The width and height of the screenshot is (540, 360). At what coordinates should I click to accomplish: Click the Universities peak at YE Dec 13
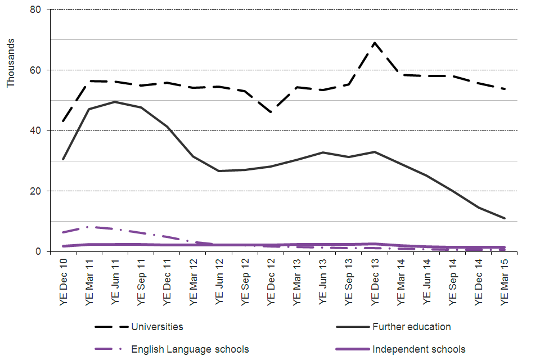pos(375,43)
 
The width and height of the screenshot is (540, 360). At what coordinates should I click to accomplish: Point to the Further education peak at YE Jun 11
pos(115,102)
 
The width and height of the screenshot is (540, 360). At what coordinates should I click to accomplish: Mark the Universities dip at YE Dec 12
pos(271,112)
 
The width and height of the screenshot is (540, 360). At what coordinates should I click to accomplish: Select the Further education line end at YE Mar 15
pos(505,218)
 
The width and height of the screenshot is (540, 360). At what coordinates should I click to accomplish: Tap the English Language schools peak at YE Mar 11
pos(89,227)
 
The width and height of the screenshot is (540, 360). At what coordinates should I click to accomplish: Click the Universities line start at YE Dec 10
pos(63,121)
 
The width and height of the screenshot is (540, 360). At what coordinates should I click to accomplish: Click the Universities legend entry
pos(157,327)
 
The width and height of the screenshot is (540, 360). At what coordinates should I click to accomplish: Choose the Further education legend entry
pos(411,327)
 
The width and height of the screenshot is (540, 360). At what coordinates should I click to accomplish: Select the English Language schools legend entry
pos(190,349)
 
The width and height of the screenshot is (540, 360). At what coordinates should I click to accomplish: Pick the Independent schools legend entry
pos(418,349)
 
